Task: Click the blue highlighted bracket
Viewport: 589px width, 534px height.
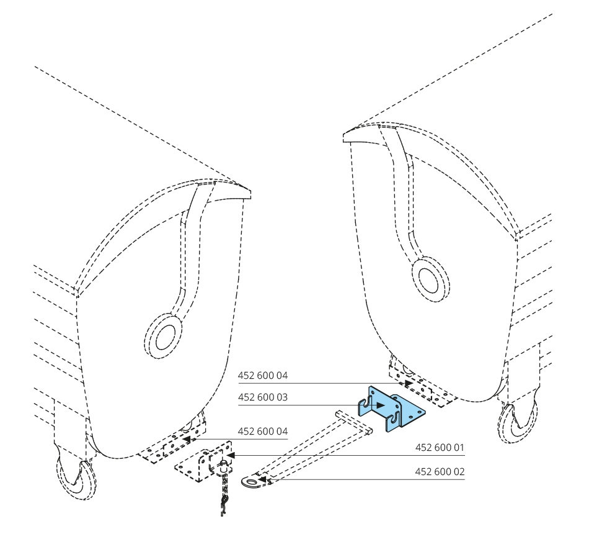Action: (x=397, y=410)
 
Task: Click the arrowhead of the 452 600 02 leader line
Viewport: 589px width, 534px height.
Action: (x=264, y=479)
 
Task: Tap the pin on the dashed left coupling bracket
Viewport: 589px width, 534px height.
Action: (x=221, y=462)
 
